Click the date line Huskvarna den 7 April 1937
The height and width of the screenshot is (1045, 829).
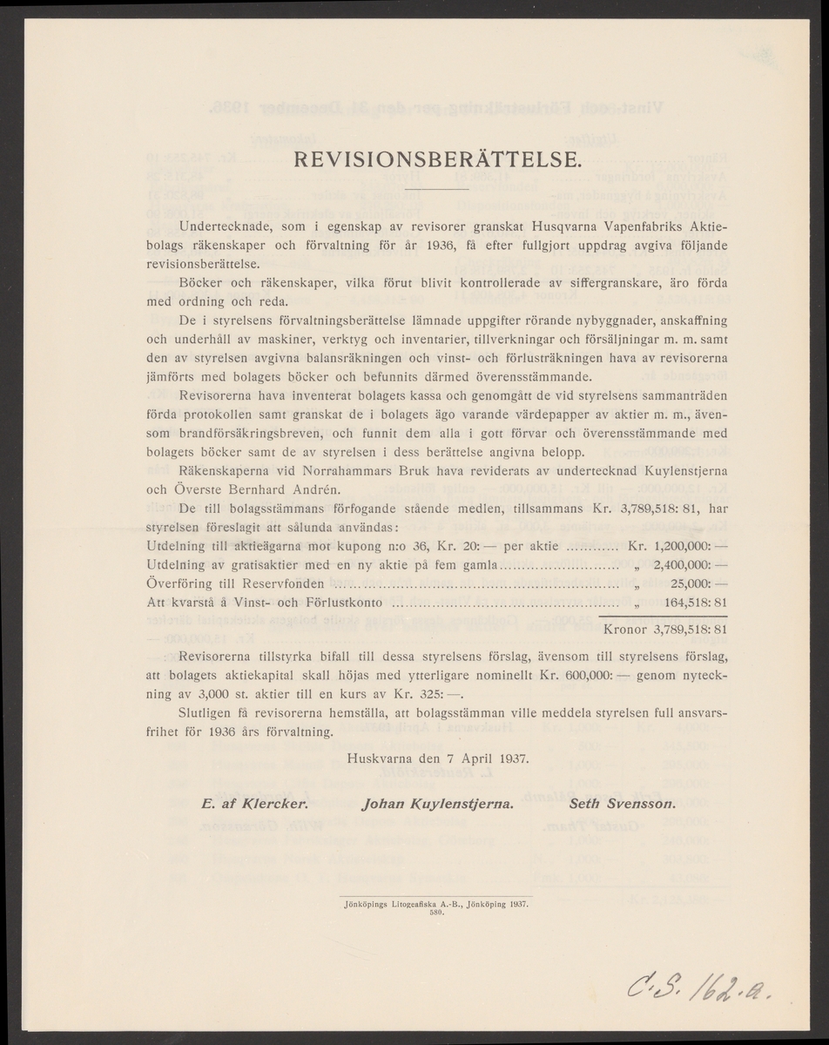[437, 757]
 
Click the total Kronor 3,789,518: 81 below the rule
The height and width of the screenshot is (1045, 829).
[665, 627]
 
